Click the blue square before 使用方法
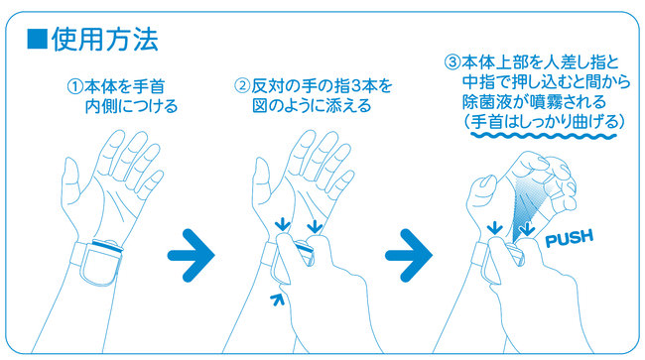click(37, 40)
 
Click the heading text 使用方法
click(105, 40)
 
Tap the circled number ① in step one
click(74, 86)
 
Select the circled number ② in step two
click(242, 86)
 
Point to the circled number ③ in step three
click(452, 62)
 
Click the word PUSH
click(570, 238)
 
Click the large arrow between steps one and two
click(191, 255)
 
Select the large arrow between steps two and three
click(409, 255)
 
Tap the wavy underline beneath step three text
click(544, 135)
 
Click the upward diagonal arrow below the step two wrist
click(277, 300)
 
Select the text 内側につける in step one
click(131, 106)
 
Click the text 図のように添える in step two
click(312, 105)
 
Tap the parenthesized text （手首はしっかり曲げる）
click(544, 122)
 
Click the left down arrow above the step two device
click(282, 224)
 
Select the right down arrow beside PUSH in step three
click(527, 229)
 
